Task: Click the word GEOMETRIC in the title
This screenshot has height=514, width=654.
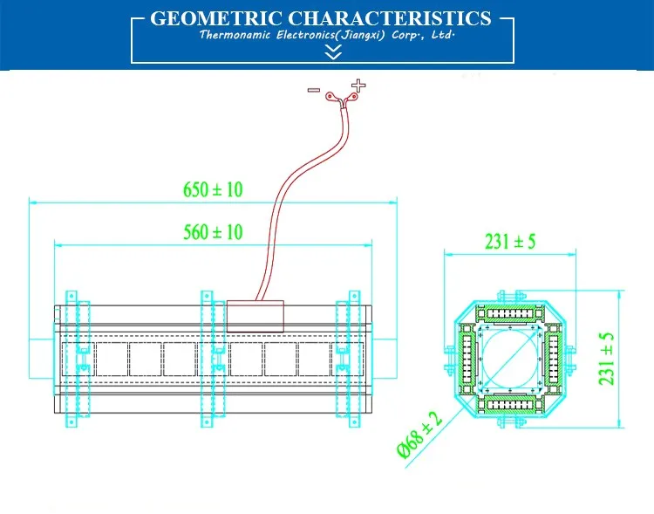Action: tap(216, 18)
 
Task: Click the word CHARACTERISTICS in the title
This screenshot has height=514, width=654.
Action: tap(390, 18)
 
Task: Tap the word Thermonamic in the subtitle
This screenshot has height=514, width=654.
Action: tap(235, 35)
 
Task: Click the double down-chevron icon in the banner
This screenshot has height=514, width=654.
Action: tap(333, 52)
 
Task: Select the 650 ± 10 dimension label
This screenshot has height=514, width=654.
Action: tap(213, 189)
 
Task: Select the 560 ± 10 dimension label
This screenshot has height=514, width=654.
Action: tap(213, 232)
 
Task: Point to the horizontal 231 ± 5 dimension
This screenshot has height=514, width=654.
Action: tap(510, 242)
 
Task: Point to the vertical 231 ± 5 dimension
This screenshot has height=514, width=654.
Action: tap(606, 359)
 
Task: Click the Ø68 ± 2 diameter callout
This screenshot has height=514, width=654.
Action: tap(419, 435)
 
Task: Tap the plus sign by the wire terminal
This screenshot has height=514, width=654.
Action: tap(358, 86)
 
